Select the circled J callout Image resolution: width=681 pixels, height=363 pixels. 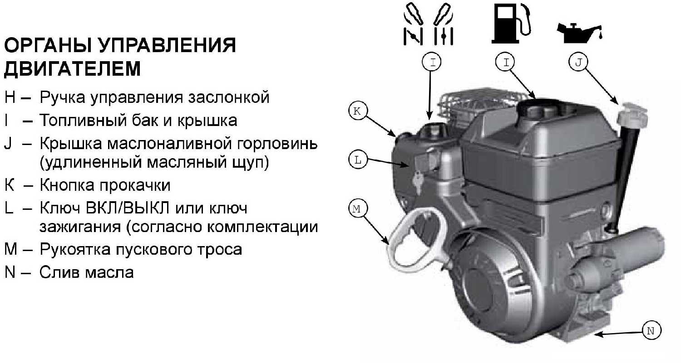(x=578, y=62)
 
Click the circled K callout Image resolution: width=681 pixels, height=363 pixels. (x=358, y=111)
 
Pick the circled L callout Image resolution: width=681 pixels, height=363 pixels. (x=358, y=160)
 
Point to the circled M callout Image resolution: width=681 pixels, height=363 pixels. (x=358, y=208)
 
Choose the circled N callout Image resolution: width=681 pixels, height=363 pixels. (x=651, y=330)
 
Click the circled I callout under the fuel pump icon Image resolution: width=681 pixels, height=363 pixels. (x=505, y=62)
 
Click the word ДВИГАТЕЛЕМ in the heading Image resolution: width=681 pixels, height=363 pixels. (x=72, y=68)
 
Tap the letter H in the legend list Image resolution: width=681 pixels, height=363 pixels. (x=10, y=97)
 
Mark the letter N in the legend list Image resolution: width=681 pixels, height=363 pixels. (x=10, y=272)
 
